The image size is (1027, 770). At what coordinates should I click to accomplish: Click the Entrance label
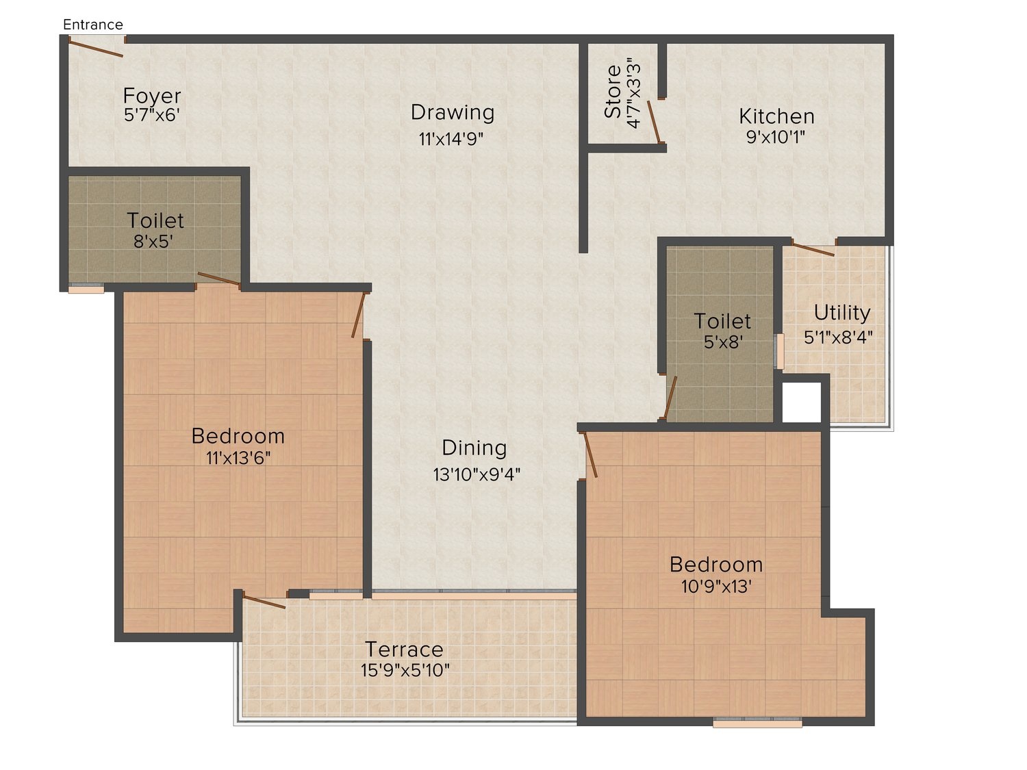tap(92, 25)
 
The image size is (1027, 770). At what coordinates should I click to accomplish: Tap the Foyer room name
tap(151, 96)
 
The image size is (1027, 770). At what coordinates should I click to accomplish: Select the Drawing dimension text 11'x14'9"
tap(451, 139)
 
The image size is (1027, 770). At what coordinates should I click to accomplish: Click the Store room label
tap(613, 91)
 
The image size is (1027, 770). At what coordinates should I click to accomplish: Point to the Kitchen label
tap(776, 116)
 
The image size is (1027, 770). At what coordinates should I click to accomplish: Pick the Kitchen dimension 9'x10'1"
tap(775, 137)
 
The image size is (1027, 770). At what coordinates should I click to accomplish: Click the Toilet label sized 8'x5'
tap(155, 220)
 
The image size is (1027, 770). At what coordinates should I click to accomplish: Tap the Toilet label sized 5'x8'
tap(722, 322)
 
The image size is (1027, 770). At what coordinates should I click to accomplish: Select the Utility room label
tap(841, 313)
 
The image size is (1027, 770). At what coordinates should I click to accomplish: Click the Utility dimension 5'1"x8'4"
tap(838, 337)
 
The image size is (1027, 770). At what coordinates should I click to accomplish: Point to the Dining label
tap(474, 448)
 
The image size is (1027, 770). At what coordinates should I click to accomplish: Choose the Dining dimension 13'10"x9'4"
tap(477, 474)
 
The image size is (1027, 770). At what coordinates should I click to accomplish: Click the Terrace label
tap(404, 650)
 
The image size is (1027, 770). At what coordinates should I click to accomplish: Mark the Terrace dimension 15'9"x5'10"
tap(405, 671)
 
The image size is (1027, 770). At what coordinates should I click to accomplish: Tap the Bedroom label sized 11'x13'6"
tap(238, 436)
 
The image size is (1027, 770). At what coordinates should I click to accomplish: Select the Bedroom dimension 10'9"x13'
tap(716, 587)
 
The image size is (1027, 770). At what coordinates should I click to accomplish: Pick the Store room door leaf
tap(654, 122)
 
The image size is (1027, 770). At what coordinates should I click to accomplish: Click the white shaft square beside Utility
tap(802, 402)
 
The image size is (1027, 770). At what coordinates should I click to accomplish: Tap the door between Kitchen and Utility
tap(813, 248)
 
